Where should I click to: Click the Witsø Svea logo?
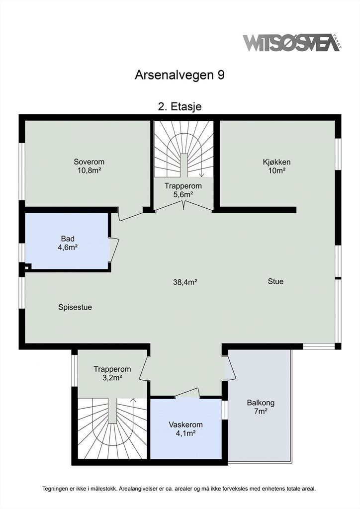coord(291,43)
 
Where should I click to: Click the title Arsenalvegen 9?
coord(180,76)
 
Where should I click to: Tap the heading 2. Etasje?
coord(180,106)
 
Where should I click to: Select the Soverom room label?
coord(89,166)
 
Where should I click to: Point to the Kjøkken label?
coord(276,166)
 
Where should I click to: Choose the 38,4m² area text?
coord(185,282)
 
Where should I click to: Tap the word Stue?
coord(275,281)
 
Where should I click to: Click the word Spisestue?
coord(75,307)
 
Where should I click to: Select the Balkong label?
coord(261,407)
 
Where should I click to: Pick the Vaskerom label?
coord(185,428)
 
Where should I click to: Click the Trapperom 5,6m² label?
coord(183,190)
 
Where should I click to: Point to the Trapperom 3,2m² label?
coord(112,373)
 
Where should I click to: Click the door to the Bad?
coord(114,250)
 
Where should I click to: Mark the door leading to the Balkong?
coord(231,366)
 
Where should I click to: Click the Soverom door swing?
coord(131,217)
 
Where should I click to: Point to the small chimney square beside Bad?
coord(27,267)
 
